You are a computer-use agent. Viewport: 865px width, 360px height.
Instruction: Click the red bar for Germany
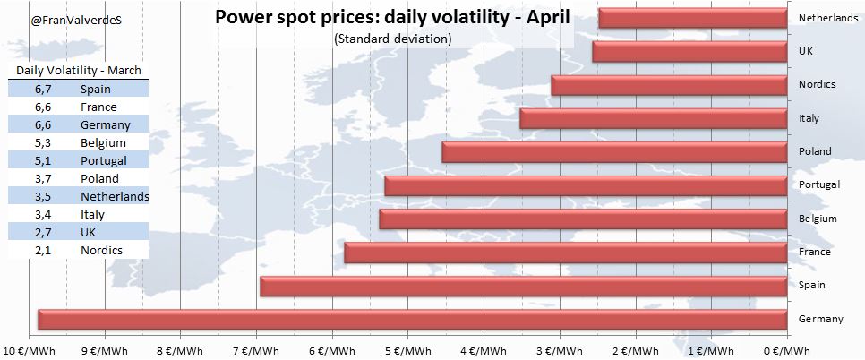412,320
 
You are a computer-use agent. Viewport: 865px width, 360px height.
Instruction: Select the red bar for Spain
523,287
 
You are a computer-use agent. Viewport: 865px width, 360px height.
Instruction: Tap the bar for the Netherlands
692,18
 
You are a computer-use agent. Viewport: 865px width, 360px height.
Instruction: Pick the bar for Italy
653,118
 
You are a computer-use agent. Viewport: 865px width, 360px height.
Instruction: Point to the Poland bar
614,152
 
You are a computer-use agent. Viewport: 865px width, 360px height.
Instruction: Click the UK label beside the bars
805,52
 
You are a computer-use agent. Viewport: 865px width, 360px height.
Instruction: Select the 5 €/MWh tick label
407,350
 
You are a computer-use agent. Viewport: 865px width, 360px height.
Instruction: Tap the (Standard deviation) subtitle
391,39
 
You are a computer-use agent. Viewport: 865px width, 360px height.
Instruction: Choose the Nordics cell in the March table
101,250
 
